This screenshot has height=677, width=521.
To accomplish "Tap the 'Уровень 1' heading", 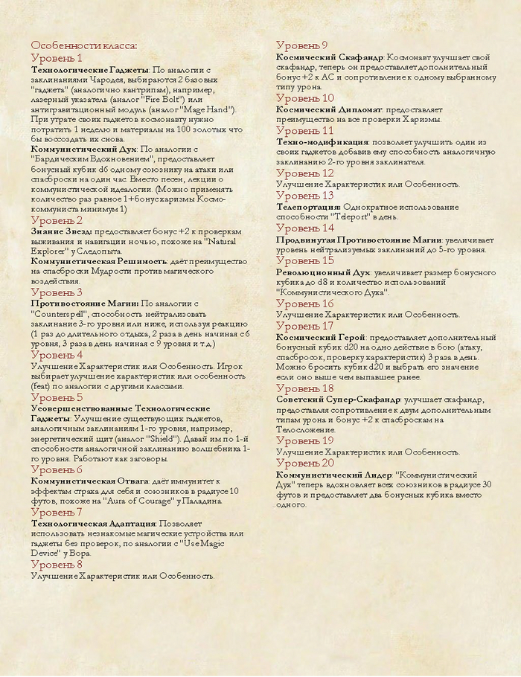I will click(56, 58).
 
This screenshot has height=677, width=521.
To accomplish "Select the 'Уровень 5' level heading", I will click(57, 397).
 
